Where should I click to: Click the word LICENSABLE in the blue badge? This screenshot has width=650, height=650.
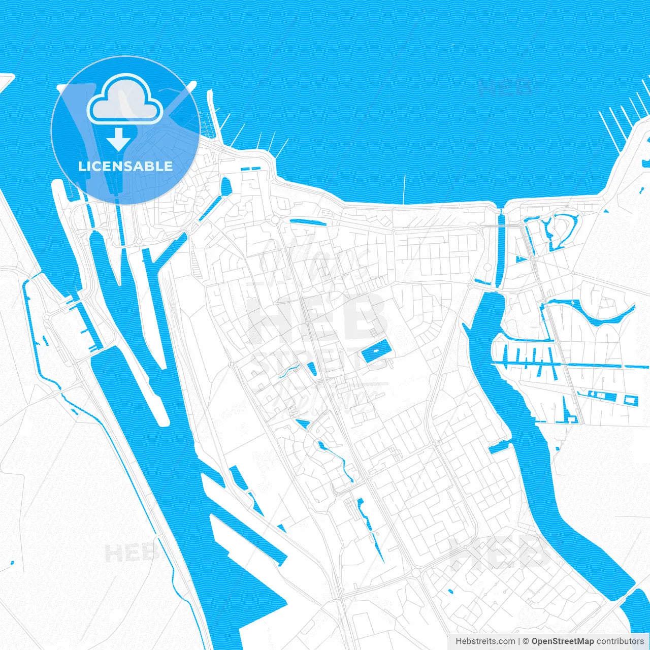coord(125,167)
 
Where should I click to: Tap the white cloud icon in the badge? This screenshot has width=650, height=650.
coord(125,100)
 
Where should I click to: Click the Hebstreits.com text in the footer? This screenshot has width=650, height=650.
coord(485,641)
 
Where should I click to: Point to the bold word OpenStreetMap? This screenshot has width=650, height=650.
coord(563,641)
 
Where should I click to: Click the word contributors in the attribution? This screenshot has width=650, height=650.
coord(620,641)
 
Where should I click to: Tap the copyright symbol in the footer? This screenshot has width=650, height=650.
coord(526,641)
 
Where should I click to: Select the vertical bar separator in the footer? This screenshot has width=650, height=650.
coord(519,641)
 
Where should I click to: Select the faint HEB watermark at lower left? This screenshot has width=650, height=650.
coord(129,552)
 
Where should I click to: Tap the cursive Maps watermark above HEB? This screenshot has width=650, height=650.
coord(315,259)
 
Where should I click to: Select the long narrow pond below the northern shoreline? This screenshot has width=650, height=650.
coord(307,221)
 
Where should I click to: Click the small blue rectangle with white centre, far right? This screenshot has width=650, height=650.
coord(631,400)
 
